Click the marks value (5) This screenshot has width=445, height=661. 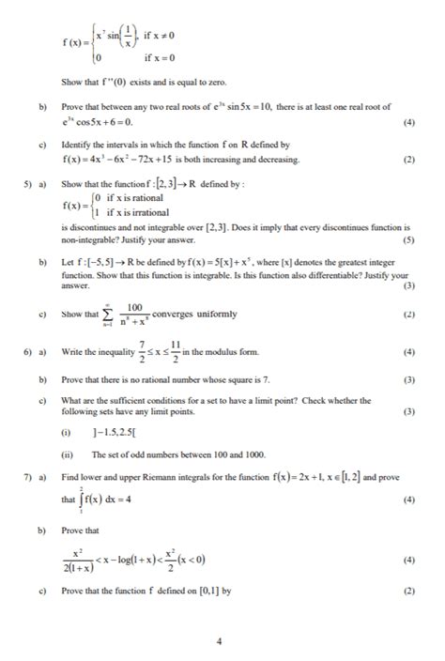click(407, 240)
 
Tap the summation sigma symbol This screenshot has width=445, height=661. click(109, 316)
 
